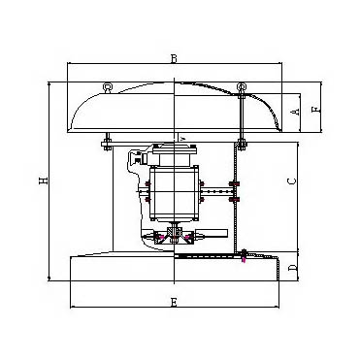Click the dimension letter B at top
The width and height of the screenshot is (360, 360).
(174, 58)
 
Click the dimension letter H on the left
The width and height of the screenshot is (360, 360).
(44, 180)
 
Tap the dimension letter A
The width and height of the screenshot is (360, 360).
(296, 112)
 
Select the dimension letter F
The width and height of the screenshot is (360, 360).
(316, 110)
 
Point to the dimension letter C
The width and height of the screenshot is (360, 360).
(292, 181)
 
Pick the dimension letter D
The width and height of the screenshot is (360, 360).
(293, 268)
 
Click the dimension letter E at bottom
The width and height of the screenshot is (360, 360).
(174, 303)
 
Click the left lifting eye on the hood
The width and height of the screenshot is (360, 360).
(108, 87)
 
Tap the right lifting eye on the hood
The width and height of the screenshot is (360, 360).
(241, 87)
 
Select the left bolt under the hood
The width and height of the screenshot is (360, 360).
(107, 142)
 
